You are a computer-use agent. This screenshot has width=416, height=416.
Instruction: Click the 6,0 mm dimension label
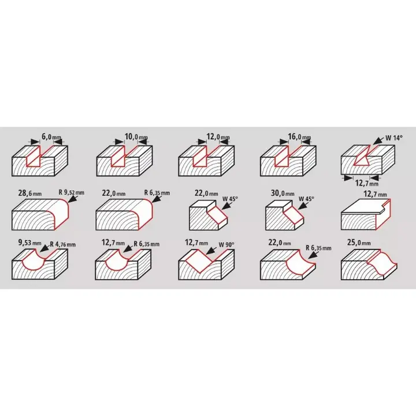tap(51, 138)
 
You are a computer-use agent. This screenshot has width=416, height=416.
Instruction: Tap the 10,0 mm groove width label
tap(136, 137)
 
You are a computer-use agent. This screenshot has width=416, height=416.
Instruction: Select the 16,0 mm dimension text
tap(299, 137)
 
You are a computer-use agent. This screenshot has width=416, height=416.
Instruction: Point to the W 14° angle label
tap(394, 138)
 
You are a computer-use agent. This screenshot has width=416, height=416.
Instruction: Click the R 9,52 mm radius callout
tap(72, 192)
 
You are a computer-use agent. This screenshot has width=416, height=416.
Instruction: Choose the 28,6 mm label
tap(30, 192)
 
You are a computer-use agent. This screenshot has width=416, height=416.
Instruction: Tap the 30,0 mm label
tap(283, 193)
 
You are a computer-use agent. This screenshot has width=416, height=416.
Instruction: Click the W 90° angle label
tap(226, 244)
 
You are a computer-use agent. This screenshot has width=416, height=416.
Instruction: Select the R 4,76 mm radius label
tap(62, 244)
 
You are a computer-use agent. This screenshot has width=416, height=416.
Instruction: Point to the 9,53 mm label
tap(29, 243)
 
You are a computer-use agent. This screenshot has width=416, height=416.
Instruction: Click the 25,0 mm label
tap(359, 243)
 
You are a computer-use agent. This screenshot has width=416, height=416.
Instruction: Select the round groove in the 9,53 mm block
tap(33, 261)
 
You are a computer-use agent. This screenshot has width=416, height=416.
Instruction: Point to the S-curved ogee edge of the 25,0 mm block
tap(382, 263)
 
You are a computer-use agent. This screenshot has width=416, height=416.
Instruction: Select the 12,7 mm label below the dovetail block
tap(367, 183)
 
